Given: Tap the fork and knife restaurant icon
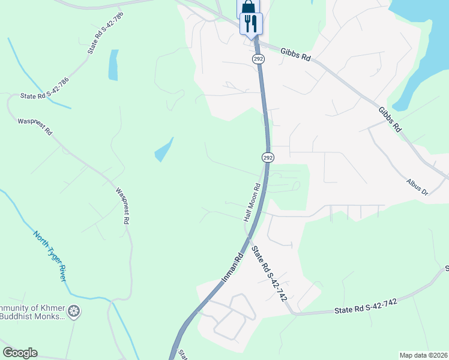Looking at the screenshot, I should click(251, 23).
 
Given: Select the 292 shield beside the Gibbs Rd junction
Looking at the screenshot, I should click(258, 59).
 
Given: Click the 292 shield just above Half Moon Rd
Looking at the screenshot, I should click(268, 157).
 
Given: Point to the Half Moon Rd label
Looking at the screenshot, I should click(252, 202).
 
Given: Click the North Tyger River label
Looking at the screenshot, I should click(50, 256).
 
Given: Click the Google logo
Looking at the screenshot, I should click(20, 353).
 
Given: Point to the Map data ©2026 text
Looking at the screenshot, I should click(423, 355).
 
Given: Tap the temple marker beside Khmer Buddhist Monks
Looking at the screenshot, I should click(74, 311).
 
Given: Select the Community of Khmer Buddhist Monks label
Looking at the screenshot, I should click(32, 312).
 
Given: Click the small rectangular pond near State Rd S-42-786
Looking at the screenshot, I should click(113, 65).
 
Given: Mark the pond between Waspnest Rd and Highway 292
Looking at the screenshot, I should click(163, 150).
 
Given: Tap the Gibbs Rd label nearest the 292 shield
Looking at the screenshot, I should click(295, 55).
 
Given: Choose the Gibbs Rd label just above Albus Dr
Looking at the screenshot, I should click(390, 120).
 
